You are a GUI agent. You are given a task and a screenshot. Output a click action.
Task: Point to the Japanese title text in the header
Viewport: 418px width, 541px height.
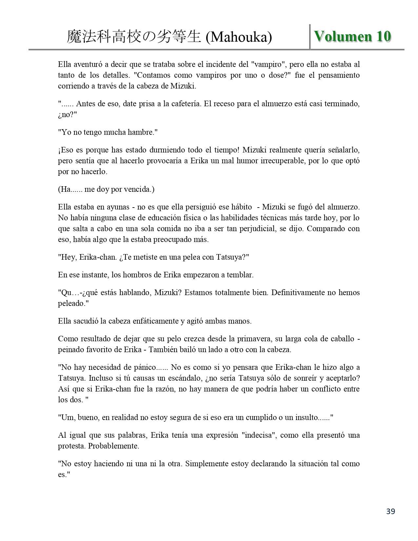[134, 37]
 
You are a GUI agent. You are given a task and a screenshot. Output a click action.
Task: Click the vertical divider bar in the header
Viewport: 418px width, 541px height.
[310, 37]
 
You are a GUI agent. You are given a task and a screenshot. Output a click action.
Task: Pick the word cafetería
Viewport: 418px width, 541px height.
[186, 104]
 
